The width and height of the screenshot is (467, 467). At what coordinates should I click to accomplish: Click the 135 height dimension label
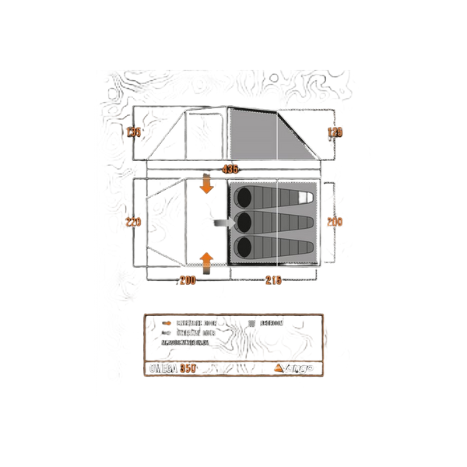(135, 132)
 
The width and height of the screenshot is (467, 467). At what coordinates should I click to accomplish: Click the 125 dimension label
(335, 132)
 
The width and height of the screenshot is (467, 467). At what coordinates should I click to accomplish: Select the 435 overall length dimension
(230, 168)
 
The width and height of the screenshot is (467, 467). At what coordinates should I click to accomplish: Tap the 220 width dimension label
(133, 222)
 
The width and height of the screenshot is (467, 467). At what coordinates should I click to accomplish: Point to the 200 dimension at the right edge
(335, 222)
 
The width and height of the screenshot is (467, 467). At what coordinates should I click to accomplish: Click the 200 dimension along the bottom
(188, 280)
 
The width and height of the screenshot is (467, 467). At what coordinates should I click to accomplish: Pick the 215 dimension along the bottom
(272, 280)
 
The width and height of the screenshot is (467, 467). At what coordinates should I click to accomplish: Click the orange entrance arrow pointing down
(206, 185)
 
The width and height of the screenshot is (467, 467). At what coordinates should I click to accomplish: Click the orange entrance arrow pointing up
(206, 259)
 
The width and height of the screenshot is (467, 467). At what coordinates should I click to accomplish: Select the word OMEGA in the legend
(163, 367)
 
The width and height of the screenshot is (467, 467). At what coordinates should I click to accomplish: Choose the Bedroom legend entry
(269, 322)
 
